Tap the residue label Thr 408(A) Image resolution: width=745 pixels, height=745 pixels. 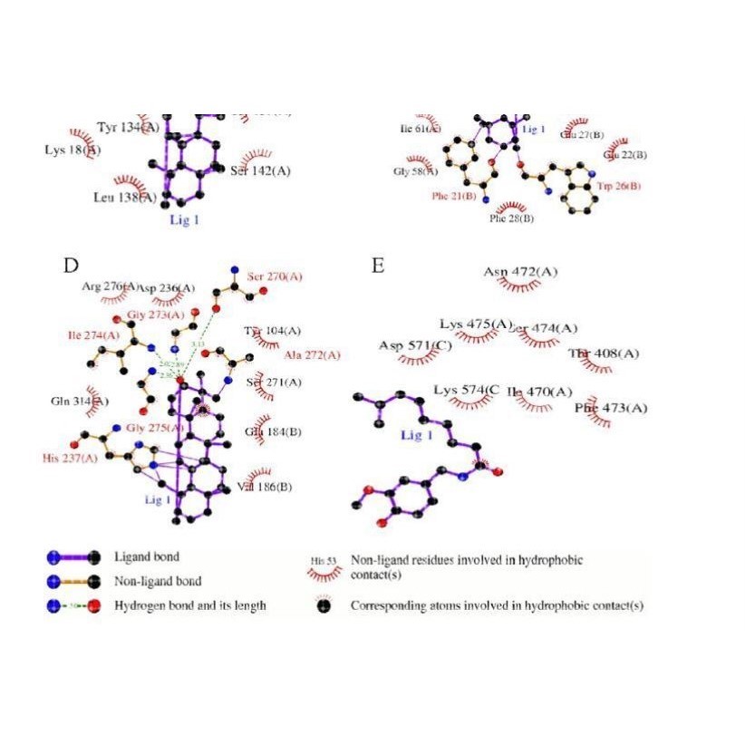pos(604,353)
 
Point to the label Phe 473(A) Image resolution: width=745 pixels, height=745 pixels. pos(612,409)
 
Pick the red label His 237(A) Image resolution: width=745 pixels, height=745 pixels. pos(70,458)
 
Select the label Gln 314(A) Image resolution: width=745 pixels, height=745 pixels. pos(81,401)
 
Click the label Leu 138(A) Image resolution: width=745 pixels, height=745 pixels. pos(125,196)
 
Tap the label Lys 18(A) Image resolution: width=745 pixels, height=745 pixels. pos(73,150)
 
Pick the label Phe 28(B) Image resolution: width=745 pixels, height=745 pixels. pos(511,218)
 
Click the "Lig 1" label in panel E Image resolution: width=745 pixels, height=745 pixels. pos(418,436)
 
